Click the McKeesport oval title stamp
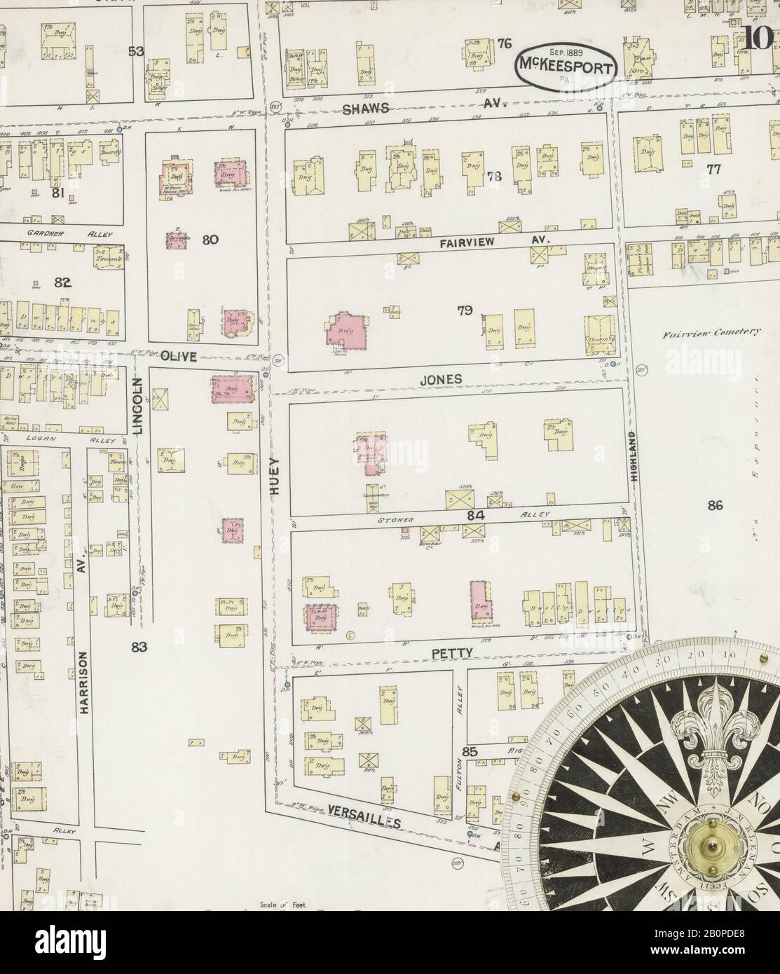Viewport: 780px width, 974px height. [567, 67]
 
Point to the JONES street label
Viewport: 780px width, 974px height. [440, 378]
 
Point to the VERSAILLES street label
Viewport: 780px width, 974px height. [364, 816]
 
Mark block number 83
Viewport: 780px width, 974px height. [137, 647]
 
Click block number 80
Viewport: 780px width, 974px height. [210, 240]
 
